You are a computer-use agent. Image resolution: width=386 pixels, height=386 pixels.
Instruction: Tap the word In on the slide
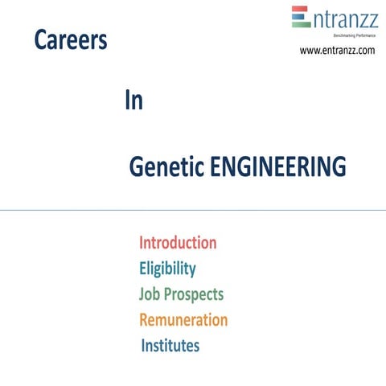[134, 102]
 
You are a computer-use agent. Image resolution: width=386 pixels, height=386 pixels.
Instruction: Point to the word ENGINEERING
[278, 167]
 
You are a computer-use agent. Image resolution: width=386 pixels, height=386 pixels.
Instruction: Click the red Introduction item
[178, 243]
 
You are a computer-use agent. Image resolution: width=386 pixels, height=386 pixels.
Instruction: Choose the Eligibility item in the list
[167, 269]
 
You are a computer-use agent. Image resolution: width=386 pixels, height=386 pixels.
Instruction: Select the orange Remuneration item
[183, 320]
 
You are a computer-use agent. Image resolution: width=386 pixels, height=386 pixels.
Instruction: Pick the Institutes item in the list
[170, 346]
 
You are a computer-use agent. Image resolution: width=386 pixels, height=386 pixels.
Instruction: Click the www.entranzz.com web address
[337, 51]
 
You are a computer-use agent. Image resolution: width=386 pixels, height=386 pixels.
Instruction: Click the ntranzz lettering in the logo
[342, 18]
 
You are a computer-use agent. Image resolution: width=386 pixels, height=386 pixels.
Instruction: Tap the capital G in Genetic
[136, 168]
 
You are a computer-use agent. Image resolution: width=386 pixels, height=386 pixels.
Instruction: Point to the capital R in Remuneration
[145, 320]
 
